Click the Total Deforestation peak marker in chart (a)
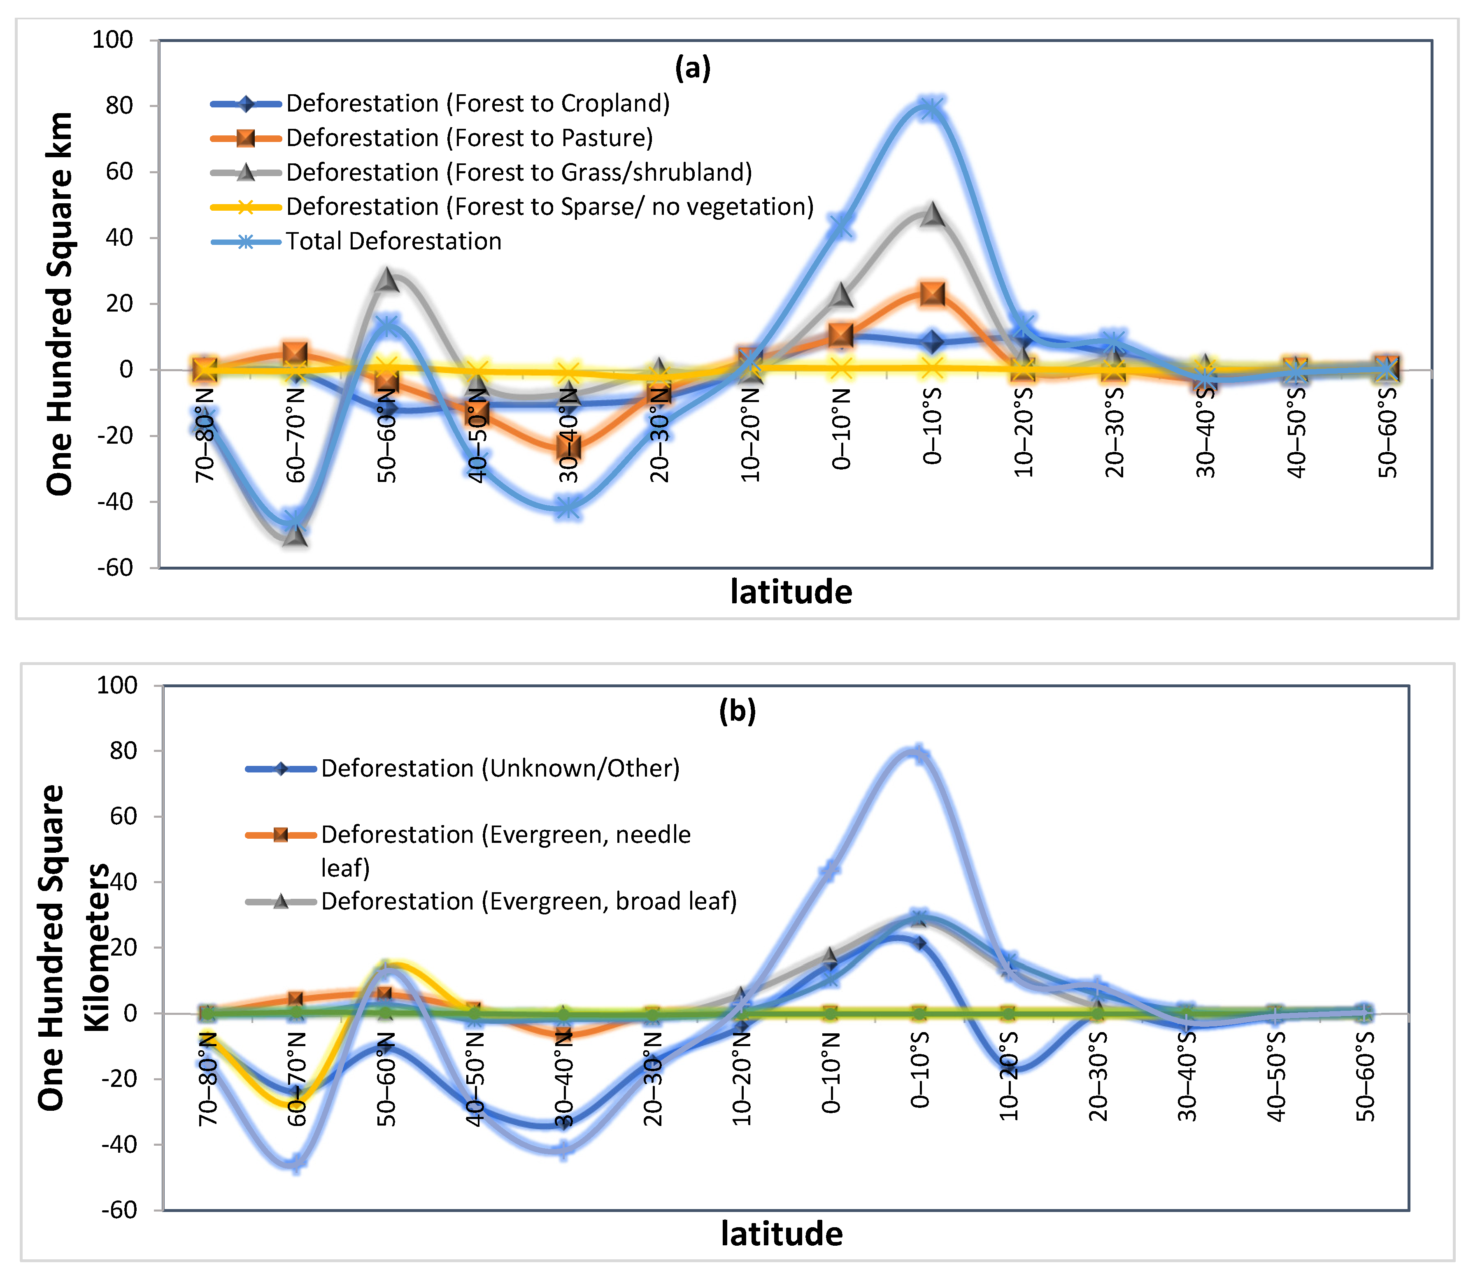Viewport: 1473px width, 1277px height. click(x=931, y=109)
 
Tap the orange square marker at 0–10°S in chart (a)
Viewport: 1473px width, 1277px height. click(x=932, y=293)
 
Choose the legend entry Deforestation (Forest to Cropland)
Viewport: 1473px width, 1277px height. click(x=477, y=103)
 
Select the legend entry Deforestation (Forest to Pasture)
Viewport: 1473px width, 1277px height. click(x=469, y=137)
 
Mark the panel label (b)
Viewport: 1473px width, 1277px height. click(x=737, y=711)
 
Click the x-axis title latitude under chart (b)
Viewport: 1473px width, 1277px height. click(x=782, y=1233)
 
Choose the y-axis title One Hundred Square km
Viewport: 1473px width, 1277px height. click(x=60, y=303)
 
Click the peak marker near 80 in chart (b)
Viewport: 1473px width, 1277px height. click(x=919, y=754)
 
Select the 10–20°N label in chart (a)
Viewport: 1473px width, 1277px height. click(x=750, y=435)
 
